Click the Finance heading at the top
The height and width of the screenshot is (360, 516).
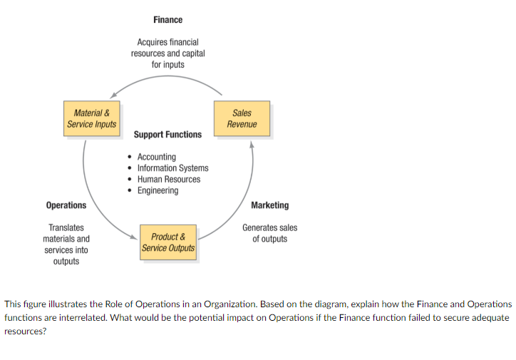click(167, 19)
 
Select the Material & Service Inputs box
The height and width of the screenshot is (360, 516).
click(92, 118)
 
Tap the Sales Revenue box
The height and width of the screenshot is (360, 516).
click(242, 118)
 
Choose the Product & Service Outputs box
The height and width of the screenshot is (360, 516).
click(168, 242)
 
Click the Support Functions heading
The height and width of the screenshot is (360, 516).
click(167, 134)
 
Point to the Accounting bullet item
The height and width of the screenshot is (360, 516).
click(156, 157)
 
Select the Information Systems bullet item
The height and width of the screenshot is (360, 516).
click(172, 168)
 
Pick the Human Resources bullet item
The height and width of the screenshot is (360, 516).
click(169, 179)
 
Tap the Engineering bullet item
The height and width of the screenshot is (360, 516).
click(158, 190)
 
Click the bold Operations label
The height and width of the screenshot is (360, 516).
click(66, 205)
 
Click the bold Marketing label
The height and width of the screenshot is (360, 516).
click(270, 205)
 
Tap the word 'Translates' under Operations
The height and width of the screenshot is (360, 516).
click(66, 227)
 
